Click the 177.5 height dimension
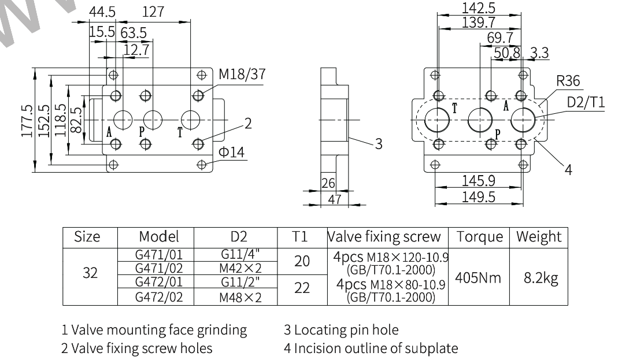tap(27, 121)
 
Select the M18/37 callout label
tap(242, 75)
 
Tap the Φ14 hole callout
tap(231, 152)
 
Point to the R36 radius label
tap(568, 81)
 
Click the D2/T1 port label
tap(586, 102)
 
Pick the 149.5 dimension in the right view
tap(479, 197)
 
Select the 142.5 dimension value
tap(479, 8)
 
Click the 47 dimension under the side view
tap(334, 199)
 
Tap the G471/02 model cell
tap(158, 268)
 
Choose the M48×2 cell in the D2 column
tap(240, 298)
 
